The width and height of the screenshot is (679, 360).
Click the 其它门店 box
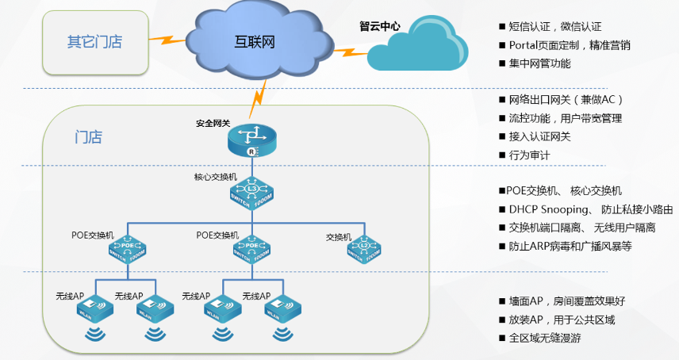94,40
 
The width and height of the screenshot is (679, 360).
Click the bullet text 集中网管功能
539,63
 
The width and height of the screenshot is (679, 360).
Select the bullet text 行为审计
529,155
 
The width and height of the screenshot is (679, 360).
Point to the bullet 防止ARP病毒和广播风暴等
570,246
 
